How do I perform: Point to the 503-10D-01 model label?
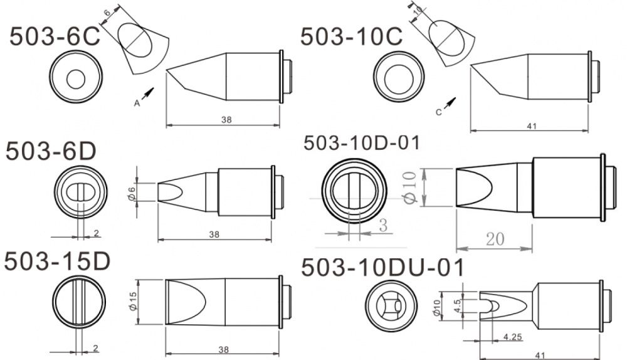361,143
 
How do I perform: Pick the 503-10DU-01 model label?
382,268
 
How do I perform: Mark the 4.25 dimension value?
514,337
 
